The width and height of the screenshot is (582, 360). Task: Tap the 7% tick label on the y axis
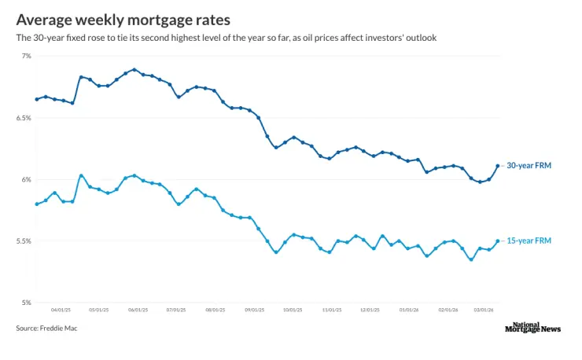click(x=26, y=56)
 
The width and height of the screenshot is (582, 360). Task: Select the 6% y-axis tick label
click(x=26, y=179)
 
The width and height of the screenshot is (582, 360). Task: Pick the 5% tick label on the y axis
click(x=26, y=303)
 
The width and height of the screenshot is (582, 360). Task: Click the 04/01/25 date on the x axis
click(x=61, y=310)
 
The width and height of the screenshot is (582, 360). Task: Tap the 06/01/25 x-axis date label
click(x=138, y=310)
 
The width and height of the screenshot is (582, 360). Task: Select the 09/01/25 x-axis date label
click(x=254, y=310)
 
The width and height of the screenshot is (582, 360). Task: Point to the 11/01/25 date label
click(x=331, y=310)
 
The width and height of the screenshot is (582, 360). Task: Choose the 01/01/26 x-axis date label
click(x=409, y=310)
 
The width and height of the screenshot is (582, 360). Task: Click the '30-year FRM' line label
click(x=529, y=166)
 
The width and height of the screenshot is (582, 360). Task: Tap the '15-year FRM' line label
click(x=529, y=241)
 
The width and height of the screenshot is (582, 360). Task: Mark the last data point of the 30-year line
click(x=497, y=166)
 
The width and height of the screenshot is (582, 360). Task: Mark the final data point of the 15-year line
click(x=497, y=241)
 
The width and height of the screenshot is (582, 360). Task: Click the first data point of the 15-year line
click(x=37, y=204)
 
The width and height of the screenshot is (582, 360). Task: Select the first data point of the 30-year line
click(x=37, y=99)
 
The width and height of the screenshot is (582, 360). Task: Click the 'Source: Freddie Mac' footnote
click(x=46, y=329)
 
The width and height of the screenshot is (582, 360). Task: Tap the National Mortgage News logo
click(x=532, y=328)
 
